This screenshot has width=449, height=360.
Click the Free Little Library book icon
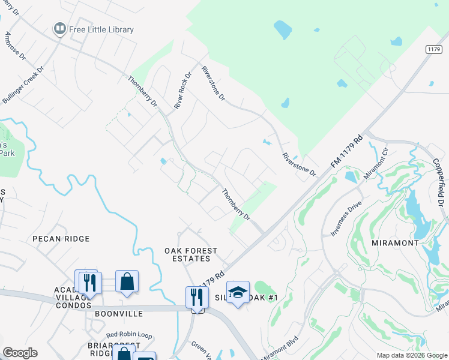coord(59,29)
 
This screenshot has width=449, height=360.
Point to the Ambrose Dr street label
coord(16,46)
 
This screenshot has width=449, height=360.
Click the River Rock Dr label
coord(182,91)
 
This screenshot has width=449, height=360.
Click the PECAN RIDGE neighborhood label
coord(61,239)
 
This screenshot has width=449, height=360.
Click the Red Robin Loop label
coord(129,335)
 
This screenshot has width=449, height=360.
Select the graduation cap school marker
coord(238,292)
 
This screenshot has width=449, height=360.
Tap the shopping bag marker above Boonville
coord(127,281)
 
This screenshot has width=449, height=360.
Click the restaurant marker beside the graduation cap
coord(197,296)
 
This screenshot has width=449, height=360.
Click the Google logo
coord(20,353)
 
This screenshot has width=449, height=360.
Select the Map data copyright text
coord(412,355)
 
